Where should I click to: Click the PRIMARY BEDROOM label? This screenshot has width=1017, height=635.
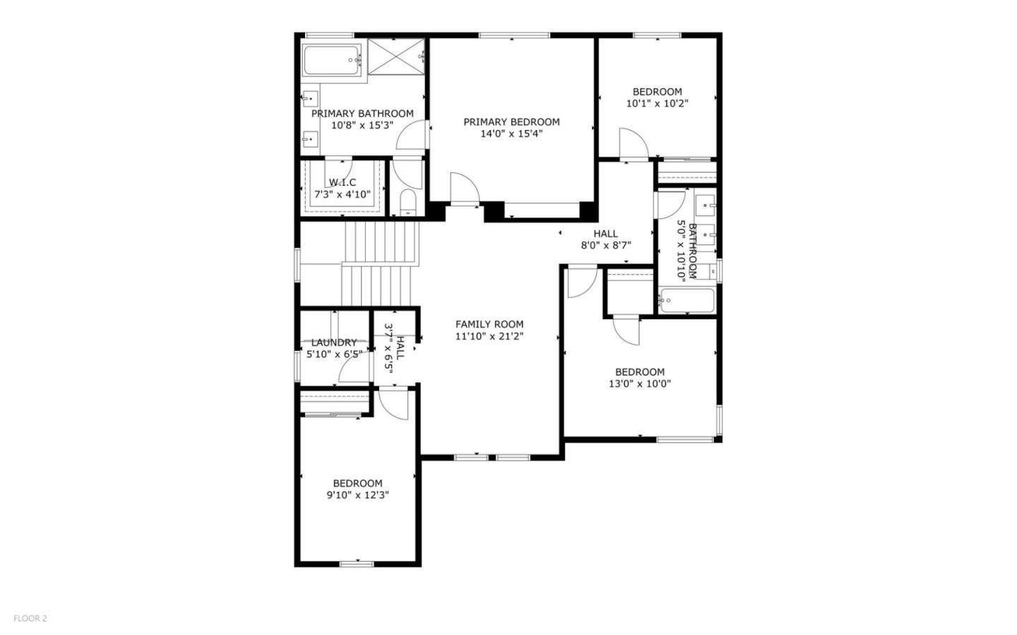click(x=511, y=122)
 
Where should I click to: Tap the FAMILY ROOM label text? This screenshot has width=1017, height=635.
click(x=489, y=324)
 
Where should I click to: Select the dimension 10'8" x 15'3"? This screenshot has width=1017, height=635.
click(x=362, y=125)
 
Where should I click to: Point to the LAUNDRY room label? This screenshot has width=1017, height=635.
click(x=334, y=343)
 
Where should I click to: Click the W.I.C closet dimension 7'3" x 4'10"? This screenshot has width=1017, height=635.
click(x=343, y=194)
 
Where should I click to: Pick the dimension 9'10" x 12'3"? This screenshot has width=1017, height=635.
click(x=357, y=495)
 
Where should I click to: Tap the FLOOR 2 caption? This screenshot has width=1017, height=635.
click(x=30, y=619)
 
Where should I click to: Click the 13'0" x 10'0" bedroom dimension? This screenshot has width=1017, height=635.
click(x=640, y=384)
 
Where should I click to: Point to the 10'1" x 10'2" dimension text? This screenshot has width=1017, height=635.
click(x=657, y=103)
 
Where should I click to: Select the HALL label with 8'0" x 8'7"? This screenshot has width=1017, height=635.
click(x=605, y=234)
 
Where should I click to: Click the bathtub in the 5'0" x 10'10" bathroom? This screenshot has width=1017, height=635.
click(x=686, y=301)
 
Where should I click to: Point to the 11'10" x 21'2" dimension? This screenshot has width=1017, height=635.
click(x=489, y=336)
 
